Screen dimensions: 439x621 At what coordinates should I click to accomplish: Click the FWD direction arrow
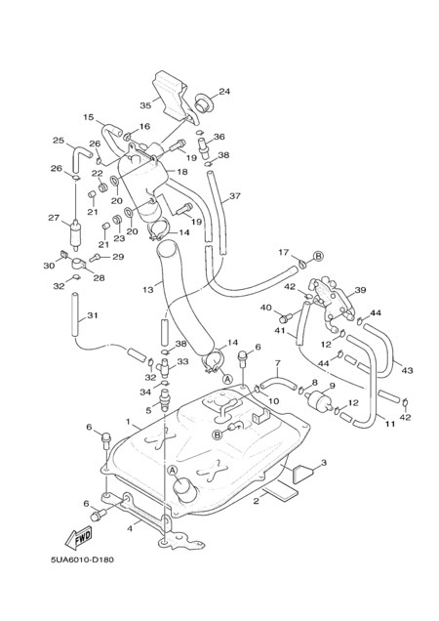point(79,537)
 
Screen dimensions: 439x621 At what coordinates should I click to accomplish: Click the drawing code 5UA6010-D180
point(82,559)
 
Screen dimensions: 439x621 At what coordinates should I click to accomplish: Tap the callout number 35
point(145,105)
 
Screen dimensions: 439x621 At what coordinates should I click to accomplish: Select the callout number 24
point(224,92)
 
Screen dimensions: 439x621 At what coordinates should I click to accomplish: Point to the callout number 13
point(147,290)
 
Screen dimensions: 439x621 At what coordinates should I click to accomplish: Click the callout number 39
point(360,290)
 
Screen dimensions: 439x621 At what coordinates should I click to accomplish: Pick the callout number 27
point(54,218)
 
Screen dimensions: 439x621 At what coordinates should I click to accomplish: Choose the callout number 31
point(93,315)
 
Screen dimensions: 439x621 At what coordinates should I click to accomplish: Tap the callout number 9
point(332,385)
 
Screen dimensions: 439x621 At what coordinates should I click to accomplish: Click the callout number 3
point(324,462)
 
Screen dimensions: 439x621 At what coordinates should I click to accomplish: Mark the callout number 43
point(408,370)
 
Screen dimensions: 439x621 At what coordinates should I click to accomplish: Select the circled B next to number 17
point(319,256)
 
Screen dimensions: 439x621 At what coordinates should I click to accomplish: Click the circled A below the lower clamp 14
point(227,379)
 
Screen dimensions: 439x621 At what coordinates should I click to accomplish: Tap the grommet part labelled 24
point(203,103)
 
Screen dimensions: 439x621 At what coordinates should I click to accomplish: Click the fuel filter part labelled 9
point(318,397)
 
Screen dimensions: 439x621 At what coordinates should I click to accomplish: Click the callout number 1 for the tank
point(128,422)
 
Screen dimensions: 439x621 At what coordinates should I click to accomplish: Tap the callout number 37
point(235,196)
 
